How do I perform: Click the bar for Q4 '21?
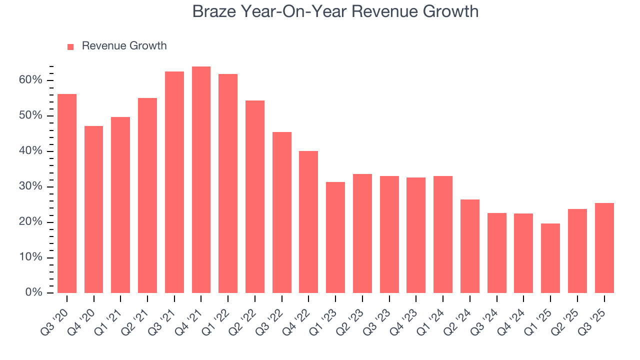(x=201, y=180)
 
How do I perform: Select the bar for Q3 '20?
(x=67, y=193)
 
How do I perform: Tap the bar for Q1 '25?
(x=550, y=258)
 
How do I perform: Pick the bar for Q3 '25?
(x=604, y=248)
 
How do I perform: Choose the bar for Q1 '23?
(x=335, y=237)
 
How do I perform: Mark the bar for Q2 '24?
(x=470, y=246)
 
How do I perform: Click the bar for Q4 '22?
(x=308, y=222)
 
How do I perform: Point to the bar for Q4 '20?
(x=94, y=209)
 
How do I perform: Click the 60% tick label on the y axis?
(x=31, y=80)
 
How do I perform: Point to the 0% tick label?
(x=34, y=292)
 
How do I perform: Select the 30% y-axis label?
(x=31, y=186)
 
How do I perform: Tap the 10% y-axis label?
(x=31, y=257)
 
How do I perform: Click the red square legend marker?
(x=70, y=46)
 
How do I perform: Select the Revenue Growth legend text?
(x=124, y=46)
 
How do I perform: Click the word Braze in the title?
(x=212, y=11)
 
